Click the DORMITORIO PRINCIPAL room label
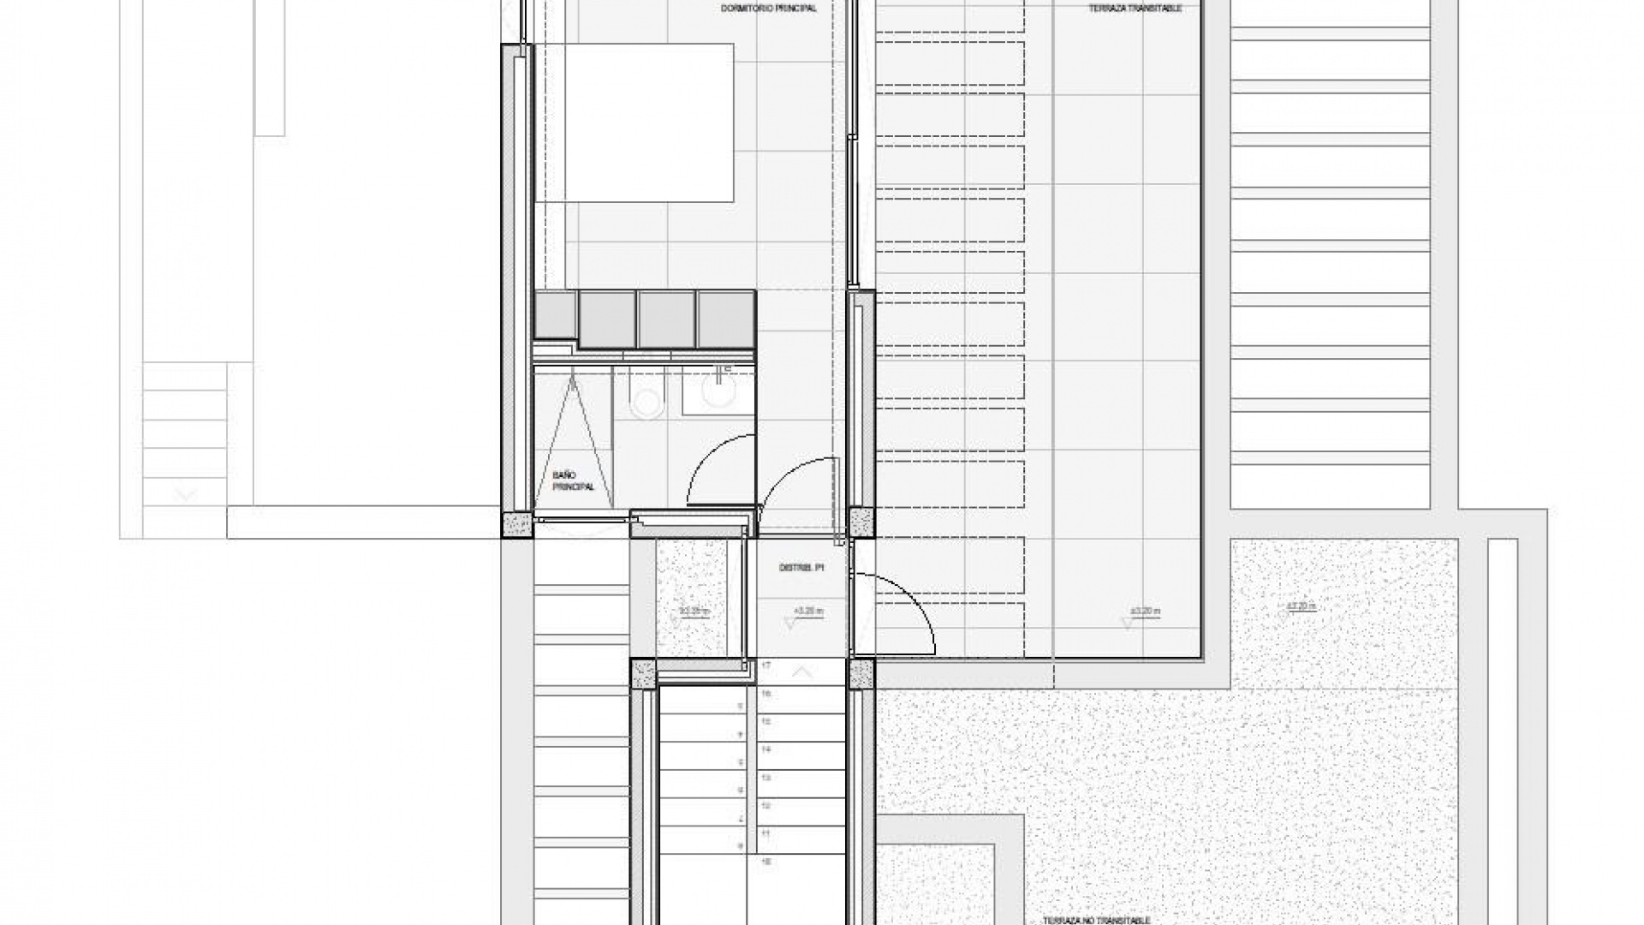pyautogui.click(x=768, y=9)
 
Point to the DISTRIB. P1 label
pyautogui.click(x=800, y=568)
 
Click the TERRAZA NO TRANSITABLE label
pyautogui.click(x=1095, y=920)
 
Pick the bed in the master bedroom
pyautogui.click(x=634, y=122)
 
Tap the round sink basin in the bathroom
pyautogui.click(x=717, y=393)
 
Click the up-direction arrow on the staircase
pyautogui.click(x=801, y=672)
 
